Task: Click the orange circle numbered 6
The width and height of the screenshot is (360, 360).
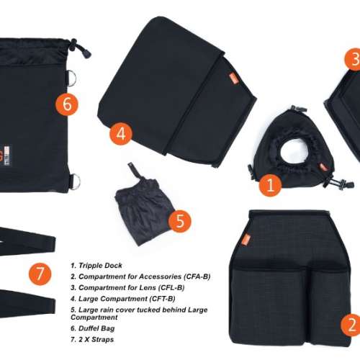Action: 67,104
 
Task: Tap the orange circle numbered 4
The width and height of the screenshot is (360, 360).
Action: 121,134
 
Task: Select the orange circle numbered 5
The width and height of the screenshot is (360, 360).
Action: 180,221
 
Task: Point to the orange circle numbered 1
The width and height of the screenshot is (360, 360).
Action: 271,185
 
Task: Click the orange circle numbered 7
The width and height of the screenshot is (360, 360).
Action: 40,274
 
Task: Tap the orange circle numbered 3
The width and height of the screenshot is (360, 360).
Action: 353,59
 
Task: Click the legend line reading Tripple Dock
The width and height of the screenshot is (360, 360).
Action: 96,266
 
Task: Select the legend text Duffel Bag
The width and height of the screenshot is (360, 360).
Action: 93,328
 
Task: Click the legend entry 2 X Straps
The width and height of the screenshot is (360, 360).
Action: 92,339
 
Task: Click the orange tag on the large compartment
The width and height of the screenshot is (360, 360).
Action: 233,79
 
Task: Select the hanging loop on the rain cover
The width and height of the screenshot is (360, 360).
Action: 134,171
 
